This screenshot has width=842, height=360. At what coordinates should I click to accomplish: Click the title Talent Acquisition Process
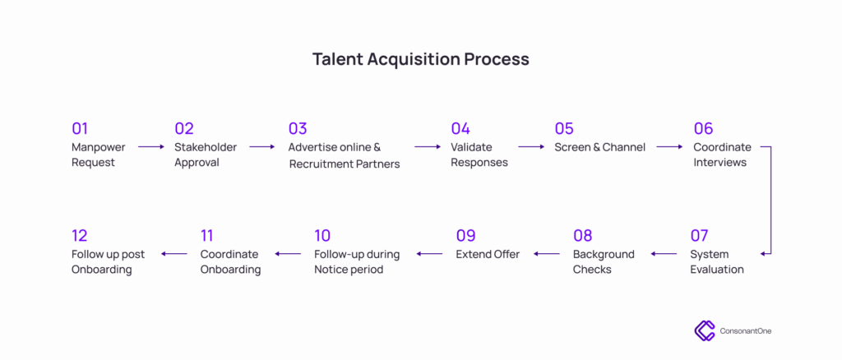(421, 59)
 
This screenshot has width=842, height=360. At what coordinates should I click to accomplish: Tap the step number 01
(80, 129)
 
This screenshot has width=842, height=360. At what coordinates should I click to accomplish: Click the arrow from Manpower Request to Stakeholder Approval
(151, 146)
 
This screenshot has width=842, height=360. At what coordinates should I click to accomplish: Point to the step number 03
(298, 129)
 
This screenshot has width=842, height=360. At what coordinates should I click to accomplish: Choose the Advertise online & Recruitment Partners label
(345, 155)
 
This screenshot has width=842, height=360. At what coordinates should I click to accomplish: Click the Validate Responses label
(479, 155)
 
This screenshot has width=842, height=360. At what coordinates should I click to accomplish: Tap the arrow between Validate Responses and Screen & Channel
(532, 146)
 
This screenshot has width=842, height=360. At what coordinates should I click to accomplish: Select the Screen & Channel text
(599, 146)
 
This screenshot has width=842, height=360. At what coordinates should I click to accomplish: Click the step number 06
(703, 129)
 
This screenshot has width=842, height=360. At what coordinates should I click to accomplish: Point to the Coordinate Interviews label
(722, 155)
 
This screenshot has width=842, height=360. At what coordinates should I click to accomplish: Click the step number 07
(699, 236)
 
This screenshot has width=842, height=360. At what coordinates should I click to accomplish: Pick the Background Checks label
(604, 261)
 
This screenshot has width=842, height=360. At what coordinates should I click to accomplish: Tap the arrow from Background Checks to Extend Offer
(547, 254)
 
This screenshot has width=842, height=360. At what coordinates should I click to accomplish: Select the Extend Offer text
(488, 254)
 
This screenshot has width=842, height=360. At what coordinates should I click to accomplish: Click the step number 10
(322, 236)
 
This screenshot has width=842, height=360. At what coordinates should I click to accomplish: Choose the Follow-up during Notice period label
(357, 262)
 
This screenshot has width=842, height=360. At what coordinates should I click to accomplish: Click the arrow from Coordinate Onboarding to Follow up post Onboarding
(174, 254)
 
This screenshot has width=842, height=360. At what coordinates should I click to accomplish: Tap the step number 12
(80, 236)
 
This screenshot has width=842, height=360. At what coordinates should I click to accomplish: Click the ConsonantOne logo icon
(704, 330)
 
